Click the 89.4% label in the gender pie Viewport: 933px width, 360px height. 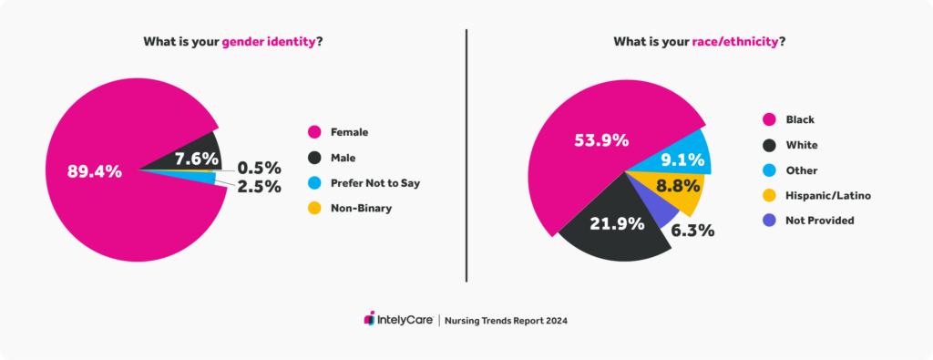click(94, 171)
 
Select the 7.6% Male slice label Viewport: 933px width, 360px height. click(194, 159)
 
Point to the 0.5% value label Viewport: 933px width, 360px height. click(259, 168)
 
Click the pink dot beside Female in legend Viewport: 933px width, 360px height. click(315, 132)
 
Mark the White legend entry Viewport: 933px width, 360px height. click(801, 145)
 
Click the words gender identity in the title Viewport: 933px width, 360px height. click(269, 41)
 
